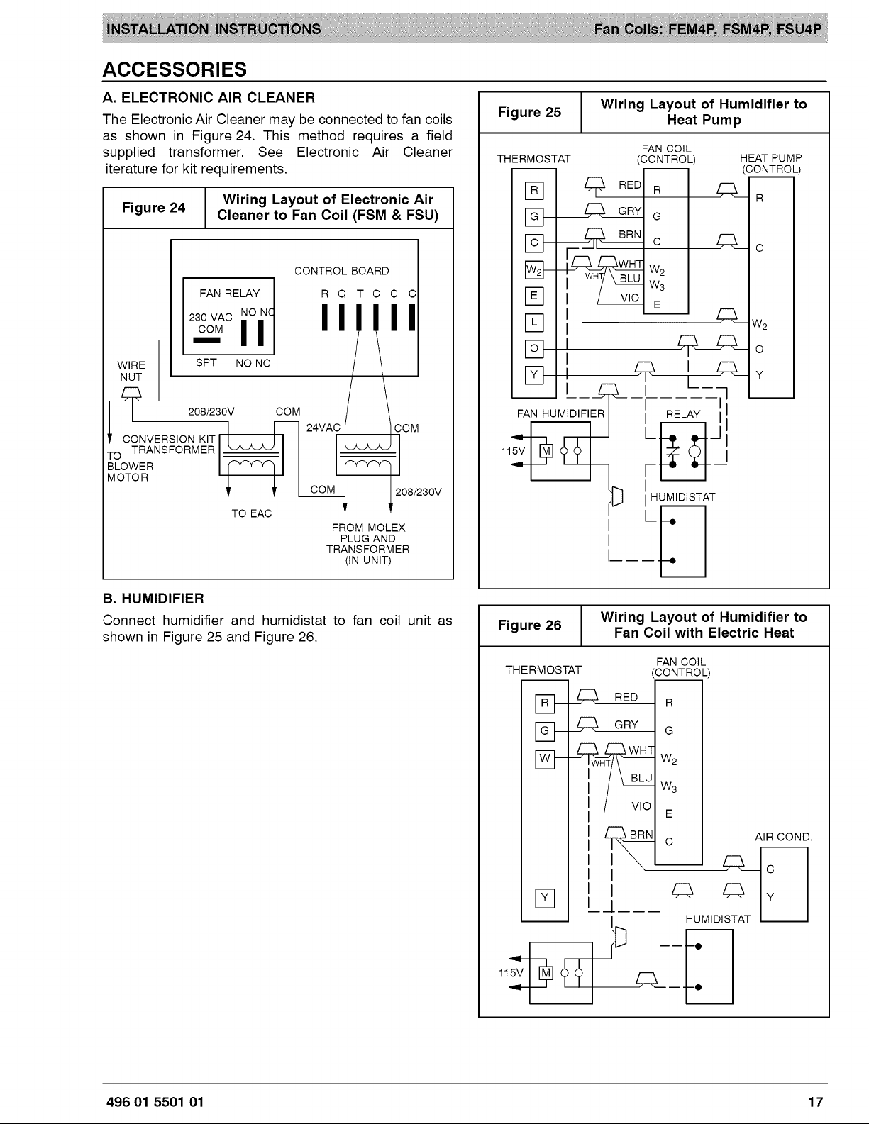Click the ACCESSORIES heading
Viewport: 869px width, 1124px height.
(x=175, y=69)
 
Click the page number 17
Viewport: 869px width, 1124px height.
(x=815, y=1102)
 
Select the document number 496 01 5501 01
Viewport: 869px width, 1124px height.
(x=155, y=1102)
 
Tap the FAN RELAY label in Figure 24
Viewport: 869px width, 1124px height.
(x=230, y=294)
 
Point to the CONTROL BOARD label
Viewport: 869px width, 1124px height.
(x=341, y=271)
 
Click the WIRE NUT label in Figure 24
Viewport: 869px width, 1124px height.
(x=131, y=371)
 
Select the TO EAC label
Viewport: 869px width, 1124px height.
(x=251, y=513)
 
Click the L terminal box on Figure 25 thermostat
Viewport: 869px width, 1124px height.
(x=533, y=322)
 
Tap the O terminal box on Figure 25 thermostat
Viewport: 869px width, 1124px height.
(x=533, y=349)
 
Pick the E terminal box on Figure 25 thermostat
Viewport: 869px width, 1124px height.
(x=533, y=296)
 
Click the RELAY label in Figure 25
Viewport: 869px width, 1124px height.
(x=682, y=414)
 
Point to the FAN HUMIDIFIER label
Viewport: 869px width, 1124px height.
(x=560, y=414)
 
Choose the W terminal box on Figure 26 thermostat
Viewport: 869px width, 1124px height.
(x=545, y=759)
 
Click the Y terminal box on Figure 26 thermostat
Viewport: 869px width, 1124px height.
(x=545, y=898)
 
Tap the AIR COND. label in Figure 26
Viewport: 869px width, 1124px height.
(x=784, y=837)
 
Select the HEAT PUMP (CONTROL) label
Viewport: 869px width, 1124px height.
(x=770, y=163)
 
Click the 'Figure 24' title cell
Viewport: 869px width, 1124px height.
(x=154, y=207)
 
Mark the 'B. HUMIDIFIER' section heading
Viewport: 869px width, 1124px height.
(x=153, y=599)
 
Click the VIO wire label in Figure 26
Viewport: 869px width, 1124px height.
(x=641, y=806)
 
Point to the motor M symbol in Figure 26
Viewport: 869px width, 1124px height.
(x=546, y=973)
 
